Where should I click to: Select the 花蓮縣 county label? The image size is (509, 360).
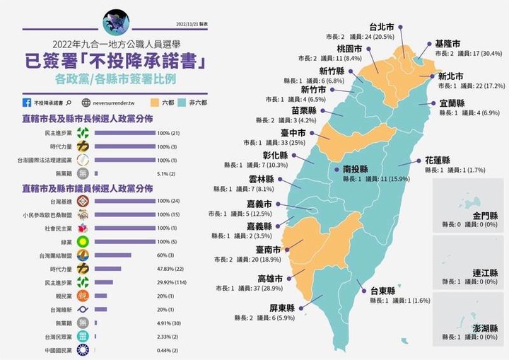pos(440,161)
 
